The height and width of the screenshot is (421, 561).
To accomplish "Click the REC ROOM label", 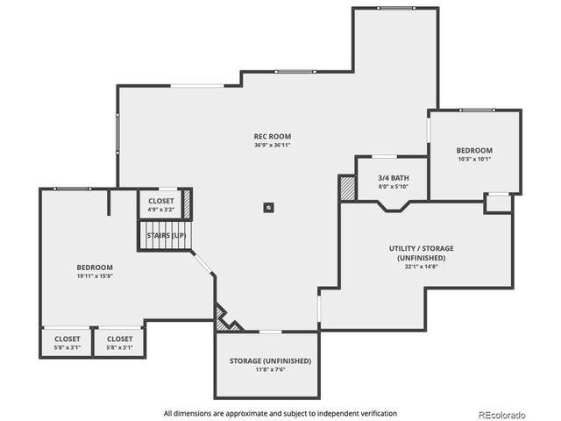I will point(272,136).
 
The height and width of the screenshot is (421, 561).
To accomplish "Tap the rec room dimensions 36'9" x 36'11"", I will point(272,145).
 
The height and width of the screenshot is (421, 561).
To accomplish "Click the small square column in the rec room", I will point(269,208).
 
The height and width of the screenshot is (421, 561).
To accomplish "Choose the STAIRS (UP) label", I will point(165,235).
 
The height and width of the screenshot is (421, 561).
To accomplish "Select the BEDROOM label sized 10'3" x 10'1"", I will point(474,150).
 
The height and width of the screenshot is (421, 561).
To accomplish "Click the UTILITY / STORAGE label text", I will point(422,248).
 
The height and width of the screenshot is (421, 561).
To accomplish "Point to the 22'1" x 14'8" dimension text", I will point(422,268).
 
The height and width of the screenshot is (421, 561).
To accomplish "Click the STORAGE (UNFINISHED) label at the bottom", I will point(271,360).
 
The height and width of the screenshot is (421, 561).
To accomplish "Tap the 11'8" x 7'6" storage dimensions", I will point(271,370).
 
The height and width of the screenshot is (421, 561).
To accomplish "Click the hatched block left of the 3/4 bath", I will point(347,188).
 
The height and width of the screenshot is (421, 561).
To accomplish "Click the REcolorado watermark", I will point(501,414).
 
